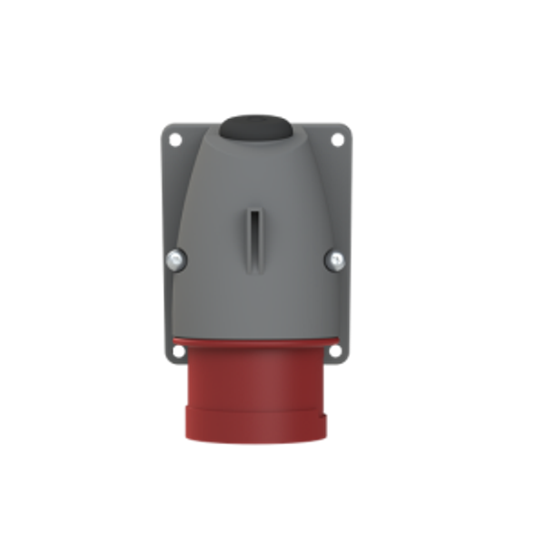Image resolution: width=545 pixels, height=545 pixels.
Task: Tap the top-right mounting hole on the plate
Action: click(339, 141)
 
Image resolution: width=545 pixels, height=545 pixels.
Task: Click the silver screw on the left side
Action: click(173, 261)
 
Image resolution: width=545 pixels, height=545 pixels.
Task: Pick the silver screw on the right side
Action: click(334, 261)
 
